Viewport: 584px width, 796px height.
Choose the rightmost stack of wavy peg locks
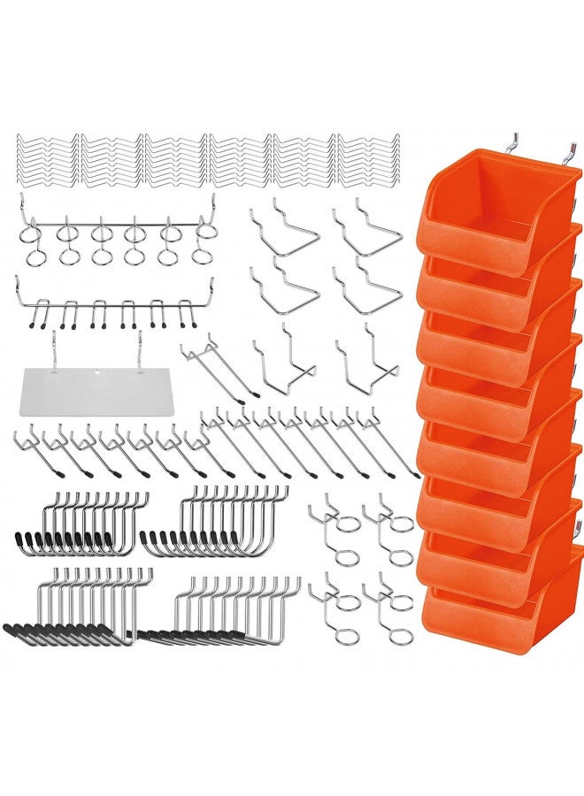[368, 160]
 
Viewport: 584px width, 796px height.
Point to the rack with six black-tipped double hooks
[115, 305]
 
